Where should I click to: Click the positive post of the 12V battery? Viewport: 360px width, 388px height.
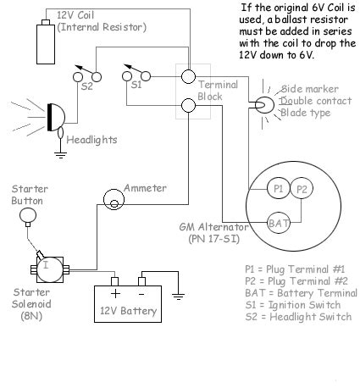click(114, 281)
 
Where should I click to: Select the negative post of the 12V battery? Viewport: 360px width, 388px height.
click(141, 281)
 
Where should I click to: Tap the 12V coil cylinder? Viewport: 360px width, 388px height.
click(46, 44)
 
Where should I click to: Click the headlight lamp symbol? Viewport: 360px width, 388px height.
click(56, 117)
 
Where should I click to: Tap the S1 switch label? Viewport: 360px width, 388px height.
click(136, 85)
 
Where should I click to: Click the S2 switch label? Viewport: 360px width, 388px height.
click(87, 86)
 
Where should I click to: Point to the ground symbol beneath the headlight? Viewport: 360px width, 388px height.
click(60, 155)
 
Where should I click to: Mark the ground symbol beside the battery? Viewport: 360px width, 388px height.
click(178, 297)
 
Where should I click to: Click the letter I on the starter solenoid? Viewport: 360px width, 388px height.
click(46, 265)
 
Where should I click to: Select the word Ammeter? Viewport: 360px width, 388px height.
click(145, 188)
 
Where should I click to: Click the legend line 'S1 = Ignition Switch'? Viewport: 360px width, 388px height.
click(293, 305)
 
